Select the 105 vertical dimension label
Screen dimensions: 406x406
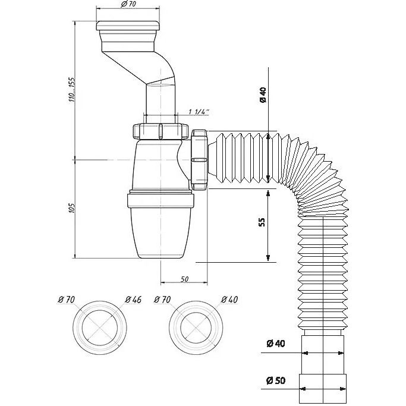click(x=72, y=208)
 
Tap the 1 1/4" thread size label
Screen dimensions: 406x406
click(x=199, y=112)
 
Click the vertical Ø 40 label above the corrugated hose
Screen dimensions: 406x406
click(x=263, y=95)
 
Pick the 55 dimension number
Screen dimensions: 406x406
click(x=262, y=222)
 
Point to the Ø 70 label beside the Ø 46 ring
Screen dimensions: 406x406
click(x=66, y=300)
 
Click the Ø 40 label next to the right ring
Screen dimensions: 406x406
click(x=229, y=300)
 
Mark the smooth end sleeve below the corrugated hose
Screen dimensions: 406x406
click(x=323, y=369)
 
